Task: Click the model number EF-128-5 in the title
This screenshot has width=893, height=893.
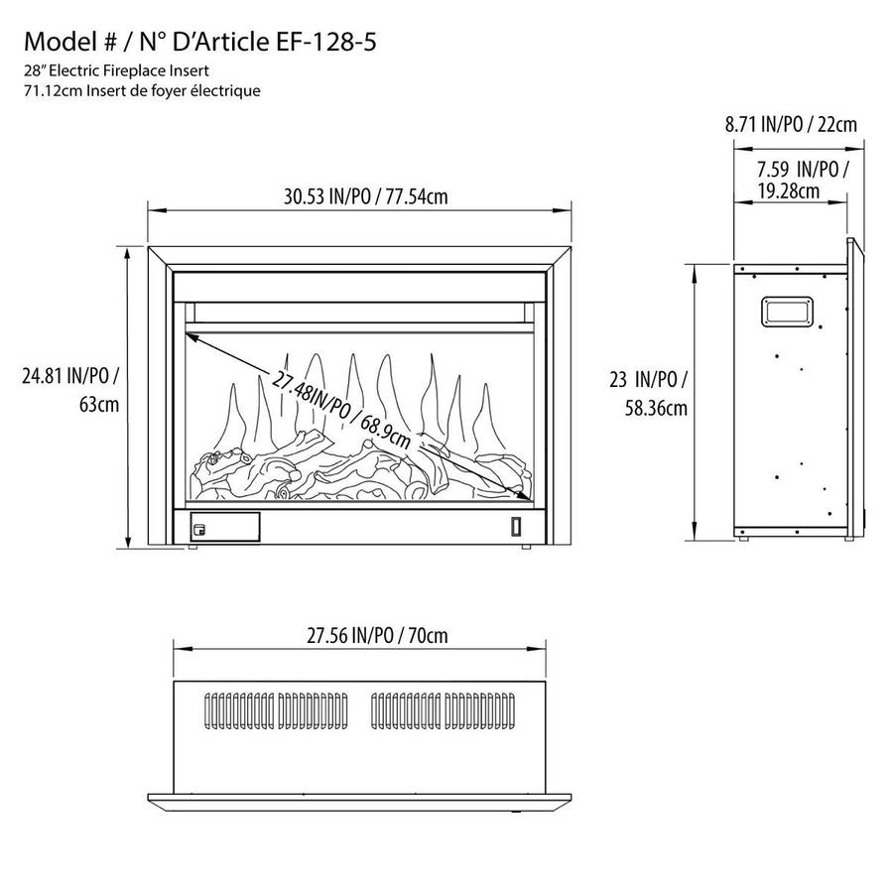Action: pos(322,42)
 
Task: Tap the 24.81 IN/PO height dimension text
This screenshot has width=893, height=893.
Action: pos(72,376)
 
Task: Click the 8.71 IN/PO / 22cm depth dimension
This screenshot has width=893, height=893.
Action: pos(790,124)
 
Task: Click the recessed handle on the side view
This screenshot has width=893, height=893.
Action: pos(787,312)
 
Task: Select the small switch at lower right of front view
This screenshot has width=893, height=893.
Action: pos(516,528)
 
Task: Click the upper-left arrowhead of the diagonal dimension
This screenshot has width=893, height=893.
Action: pos(191,338)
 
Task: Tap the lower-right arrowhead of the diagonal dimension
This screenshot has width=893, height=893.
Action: pos(522,493)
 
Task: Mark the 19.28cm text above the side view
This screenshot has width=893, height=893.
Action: pos(787,191)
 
